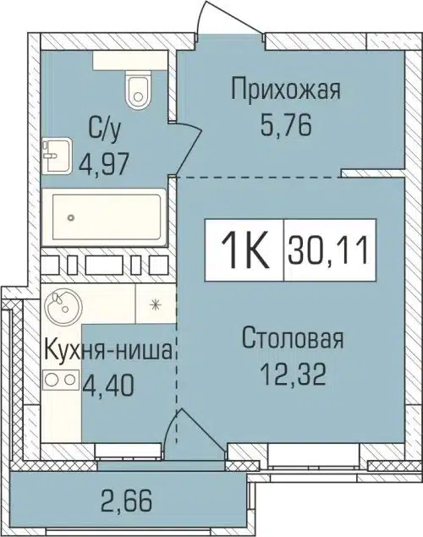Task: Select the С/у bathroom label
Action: click(102, 129)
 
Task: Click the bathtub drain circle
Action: click(70, 217)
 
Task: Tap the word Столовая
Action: click(292, 340)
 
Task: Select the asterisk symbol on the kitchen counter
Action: click(155, 304)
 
